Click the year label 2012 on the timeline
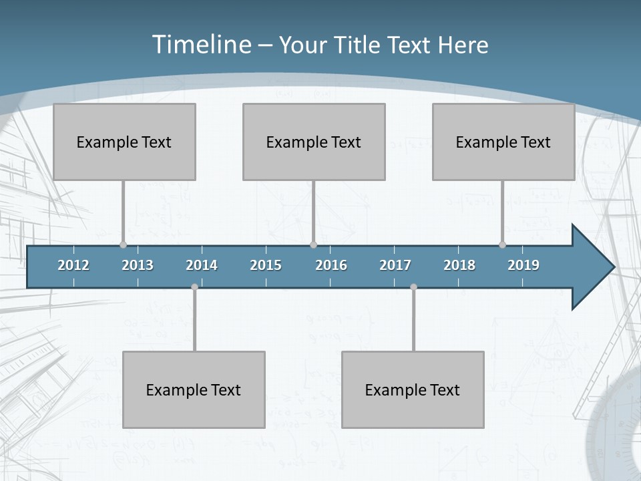[x=73, y=265]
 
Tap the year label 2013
[x=138, y=265]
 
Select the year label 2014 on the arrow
[x=202, y=265]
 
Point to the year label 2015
[x=266, y=265]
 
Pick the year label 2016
[x=331, y=265]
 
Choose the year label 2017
[x=395, y=265]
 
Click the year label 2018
[x=459, y=265]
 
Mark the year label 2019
[x=523, y=265]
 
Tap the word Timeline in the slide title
[x=200, y=45]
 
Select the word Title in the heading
[x=360, y=45]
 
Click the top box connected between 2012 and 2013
[x=124, y=142]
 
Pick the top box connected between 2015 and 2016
[x=314, y=142]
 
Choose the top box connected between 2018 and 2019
[x=503, y=142]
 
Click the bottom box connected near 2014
[x=194, y=389]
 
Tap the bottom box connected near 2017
[x=413, y=389]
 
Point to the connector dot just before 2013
[x=123, y=245]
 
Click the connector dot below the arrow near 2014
[x=194, y=287]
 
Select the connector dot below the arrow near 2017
[x=413, y=287]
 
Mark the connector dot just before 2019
[x=502, y=245]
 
